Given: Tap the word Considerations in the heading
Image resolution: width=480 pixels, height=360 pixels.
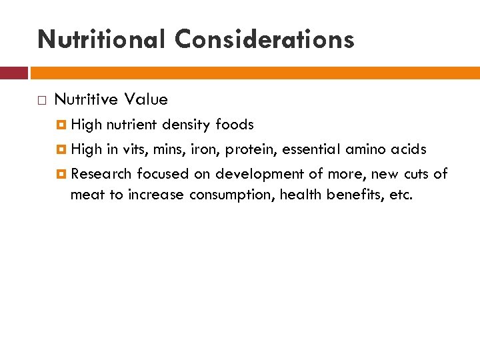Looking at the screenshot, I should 265,39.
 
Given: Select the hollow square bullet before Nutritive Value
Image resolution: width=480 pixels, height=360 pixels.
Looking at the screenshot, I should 41,101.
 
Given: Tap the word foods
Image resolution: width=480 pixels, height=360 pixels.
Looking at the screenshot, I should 235,125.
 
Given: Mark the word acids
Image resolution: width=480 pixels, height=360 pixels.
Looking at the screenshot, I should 408,149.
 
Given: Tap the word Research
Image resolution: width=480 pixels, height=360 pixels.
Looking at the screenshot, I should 101,174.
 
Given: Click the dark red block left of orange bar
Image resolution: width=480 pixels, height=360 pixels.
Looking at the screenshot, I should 14,73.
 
